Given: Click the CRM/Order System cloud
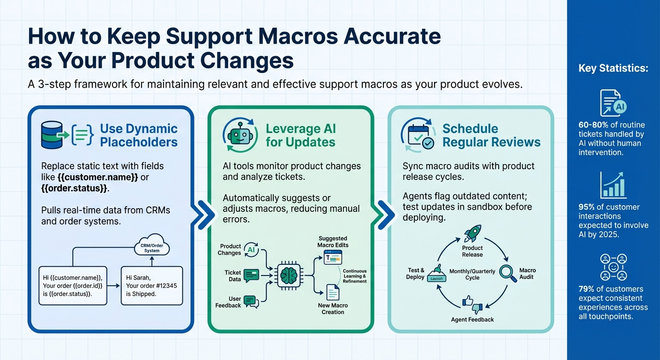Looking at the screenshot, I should (151, 247).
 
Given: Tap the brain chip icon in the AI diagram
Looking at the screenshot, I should (286, 275).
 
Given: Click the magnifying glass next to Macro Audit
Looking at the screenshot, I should (507, 272).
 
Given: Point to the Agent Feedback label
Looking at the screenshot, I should (472, 320).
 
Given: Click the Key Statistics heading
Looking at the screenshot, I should (613, 68).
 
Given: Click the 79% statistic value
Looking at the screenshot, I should (587, 289).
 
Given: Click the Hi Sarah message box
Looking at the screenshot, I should (151, 285).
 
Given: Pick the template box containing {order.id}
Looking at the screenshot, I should (73, 285).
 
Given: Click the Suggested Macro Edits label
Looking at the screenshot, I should (333, 242).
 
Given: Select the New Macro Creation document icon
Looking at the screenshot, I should (333, 292).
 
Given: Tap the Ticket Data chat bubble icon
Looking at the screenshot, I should (251, 275).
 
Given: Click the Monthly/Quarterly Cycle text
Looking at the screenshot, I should (472, 274).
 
